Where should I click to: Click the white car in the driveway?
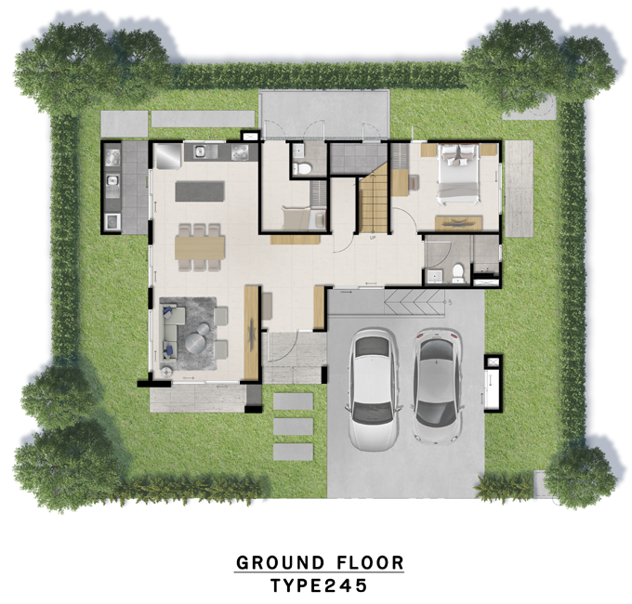pyautogui.click(x=374, y=389)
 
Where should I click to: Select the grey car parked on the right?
pyautogui.click(x=437, y=387)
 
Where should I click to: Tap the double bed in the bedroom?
pyautogui.click(x=458, y=173)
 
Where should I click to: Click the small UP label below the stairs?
pyautogui.click(x=372, y=238)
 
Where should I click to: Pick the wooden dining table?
pyautogui.click(x=200, y=248)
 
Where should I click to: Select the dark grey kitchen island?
pyautogui.click(x=200, y=191)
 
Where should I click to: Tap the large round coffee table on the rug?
pyautogui.click(x=197, y=345)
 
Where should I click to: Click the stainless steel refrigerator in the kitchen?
pyautogui.click(x=167, y=155)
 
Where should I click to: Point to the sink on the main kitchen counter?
pyautogui.click(x=200, y=151)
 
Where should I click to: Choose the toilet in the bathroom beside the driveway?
pyautogui.click(x=457, y=273)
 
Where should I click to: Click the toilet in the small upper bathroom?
pyautogui.click(x=301, y=167)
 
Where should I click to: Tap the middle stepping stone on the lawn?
pyautogui.click(x=293, y=427)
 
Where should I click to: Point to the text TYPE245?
pyautogui.click(x=319, y=585)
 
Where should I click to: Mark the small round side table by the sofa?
pyautogui.click(x=166, y=372)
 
